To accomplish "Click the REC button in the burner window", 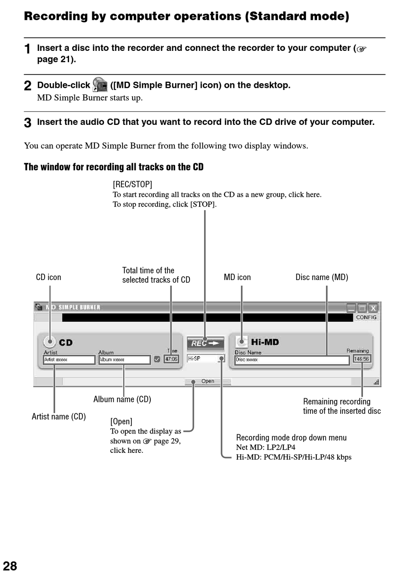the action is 205,343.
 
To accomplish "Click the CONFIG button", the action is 366,317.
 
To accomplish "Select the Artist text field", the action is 69,360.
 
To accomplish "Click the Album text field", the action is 124,360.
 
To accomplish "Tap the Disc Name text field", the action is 292,360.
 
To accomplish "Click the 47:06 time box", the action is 171,359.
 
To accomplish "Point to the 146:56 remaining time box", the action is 361,359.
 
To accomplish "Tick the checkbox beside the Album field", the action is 157,359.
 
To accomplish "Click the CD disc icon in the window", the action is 49,342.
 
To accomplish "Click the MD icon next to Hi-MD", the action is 241,342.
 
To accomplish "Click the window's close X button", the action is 373,308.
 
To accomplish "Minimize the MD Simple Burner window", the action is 351,308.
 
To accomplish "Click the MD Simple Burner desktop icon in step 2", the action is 100,84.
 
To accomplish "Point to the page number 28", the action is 10,566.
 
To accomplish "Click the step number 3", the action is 27,122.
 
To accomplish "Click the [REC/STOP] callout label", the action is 132,184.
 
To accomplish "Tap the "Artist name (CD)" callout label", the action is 59,416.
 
